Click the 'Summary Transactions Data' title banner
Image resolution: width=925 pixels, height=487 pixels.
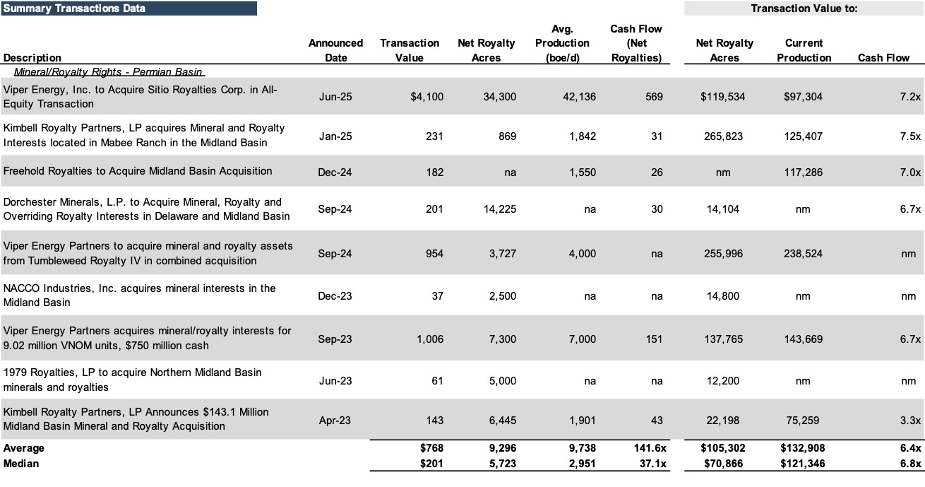point(129,8)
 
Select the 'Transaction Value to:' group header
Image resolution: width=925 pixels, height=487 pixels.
point(804,8)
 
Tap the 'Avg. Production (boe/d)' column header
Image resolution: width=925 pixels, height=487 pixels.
point(562,43)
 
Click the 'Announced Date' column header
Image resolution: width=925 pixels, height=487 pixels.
point(335,50)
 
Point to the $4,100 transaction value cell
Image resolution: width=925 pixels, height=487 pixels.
point(426,97)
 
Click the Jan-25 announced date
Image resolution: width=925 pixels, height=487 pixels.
point(335,136)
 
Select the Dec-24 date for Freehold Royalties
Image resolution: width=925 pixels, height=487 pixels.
point(335,172)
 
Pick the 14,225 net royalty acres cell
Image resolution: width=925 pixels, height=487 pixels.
point(500,209)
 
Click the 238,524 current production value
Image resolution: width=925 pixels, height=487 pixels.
point(803,254)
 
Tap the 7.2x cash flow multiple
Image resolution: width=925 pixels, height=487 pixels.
point(910,97)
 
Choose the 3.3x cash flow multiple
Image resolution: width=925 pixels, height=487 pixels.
point(910,421)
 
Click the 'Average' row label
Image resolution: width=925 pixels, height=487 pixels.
point(23,448)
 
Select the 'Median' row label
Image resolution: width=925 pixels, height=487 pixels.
point(21,464)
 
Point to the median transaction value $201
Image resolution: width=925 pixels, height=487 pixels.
point(431,464)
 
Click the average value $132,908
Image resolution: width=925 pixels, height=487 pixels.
point(802,448)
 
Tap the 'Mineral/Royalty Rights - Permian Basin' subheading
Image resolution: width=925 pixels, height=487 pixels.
point(108,72)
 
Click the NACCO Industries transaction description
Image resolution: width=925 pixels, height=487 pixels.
point(139,295)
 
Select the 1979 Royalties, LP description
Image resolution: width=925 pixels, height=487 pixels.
point(132,380)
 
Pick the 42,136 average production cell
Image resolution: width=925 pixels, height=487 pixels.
point(580,97)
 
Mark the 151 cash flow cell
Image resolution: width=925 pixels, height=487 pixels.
point(654,339)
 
